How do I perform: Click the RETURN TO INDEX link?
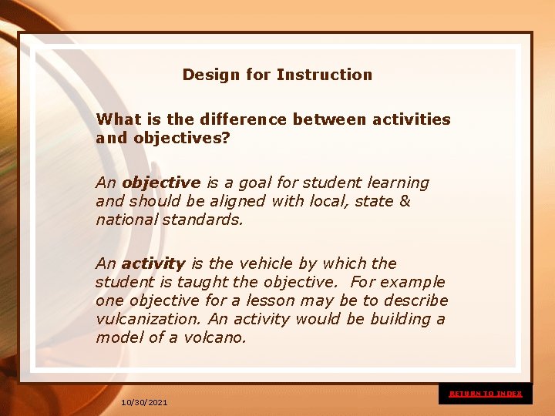point(486,394)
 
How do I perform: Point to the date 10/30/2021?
point(144,403)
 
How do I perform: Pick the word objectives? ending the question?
point(182,139)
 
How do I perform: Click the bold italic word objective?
point(161,183)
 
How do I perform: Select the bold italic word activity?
point(153,263)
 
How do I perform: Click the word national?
point(124,220)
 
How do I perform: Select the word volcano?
point(215,337)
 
